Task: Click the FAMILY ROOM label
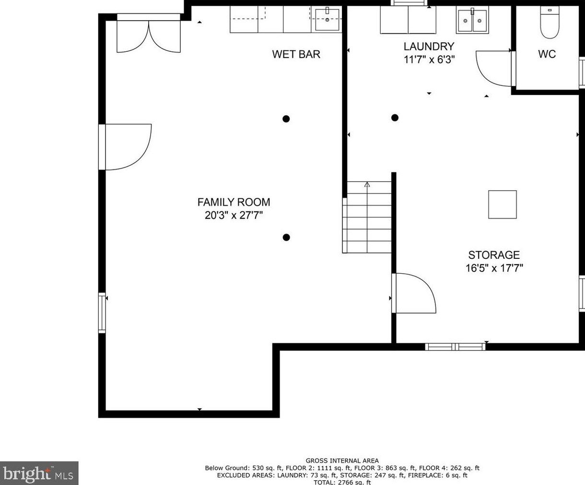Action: (x=234, y=202)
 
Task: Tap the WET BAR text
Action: (x=296, y=54)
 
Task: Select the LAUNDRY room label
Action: (x=429, y=47)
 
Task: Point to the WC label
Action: (x=547, y=54)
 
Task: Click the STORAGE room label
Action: (x=494, y=255)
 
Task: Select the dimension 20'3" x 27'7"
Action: (x=234, y=216)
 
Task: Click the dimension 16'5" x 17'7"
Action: (x=494, y=268)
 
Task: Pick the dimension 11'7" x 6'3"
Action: (x=429, y=60)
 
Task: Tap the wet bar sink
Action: (x=327, y=20)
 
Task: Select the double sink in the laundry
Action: (x=472, y=21)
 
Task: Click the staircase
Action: (x=367, y=217)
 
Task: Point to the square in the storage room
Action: (x=503, y=205)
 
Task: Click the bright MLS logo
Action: (x=39, y=473)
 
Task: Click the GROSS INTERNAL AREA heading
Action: (x=342, y=461)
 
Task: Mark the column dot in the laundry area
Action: (x=395, y=118)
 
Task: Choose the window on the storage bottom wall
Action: (x=455, y=347)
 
